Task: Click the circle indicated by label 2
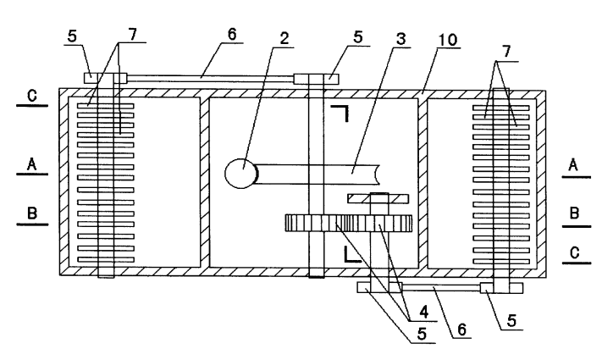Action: (x=240, y=174)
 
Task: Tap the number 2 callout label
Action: (x=284, y=38)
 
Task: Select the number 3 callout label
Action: (x=400, y=39)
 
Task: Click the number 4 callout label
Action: (x=423, y=313)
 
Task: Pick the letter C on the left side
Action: (x=32, y=95)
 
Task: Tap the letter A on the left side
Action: (x=32, y=164)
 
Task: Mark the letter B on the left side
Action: (x=32, y=213)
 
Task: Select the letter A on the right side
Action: (x=573, y=165)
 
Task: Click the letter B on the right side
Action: (x=574, y=213)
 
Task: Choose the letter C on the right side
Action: (x=575, y=253)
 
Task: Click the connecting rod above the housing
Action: (x=210, y=79)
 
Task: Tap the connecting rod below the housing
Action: (x=441, y=287)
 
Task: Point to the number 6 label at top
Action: (x=232, y=34)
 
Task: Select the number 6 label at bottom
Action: (x=461, y=330)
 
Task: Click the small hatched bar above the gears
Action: (x=378, y=198)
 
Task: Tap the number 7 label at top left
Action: (x=132, y=35)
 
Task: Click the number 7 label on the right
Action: (x=506, y=51)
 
